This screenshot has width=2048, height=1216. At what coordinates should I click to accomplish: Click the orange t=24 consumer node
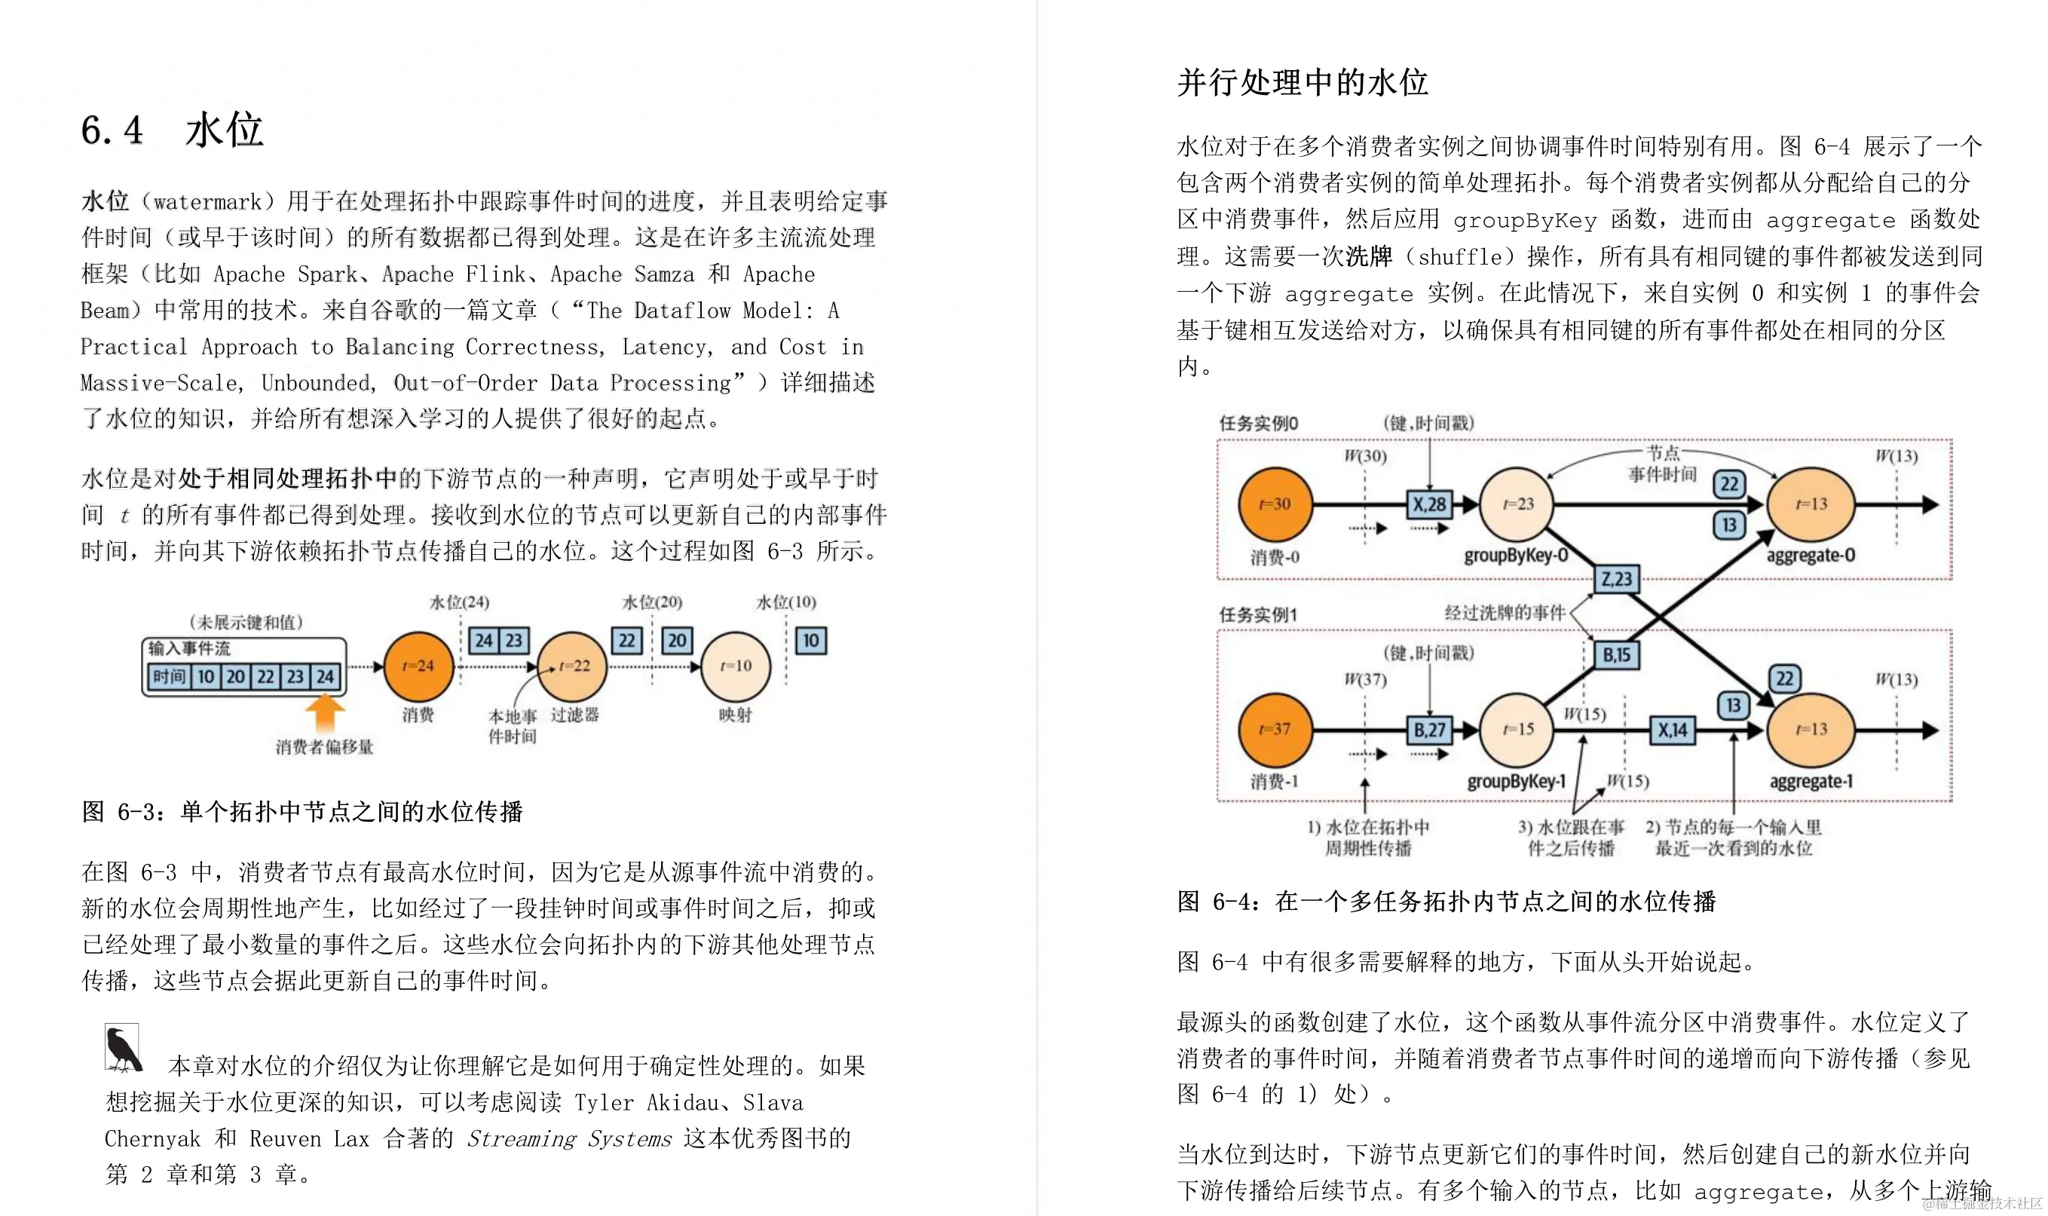click(x=418, y=666)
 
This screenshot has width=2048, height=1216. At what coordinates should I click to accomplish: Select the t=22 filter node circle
click(x=573, y=666)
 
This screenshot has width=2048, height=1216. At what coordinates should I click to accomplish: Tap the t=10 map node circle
click(x=735, y=666)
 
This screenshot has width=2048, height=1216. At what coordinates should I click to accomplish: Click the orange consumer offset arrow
click(x=325, y=711)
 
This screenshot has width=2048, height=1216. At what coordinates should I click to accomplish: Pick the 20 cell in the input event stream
click(x=236, y=677)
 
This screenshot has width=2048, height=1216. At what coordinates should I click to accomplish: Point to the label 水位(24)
click(x=459, y=602)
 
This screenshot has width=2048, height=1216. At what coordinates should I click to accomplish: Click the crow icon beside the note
click(x=123, y=1048)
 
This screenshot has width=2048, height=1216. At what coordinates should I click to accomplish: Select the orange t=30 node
click(x=1275, y=504)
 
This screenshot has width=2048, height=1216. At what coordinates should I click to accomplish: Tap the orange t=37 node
click(x=1275, y=729)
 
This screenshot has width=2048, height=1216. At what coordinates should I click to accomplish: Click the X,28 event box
click(x=1428, y=504)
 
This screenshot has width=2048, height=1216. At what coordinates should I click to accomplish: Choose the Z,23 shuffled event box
click(x=1616, y=579)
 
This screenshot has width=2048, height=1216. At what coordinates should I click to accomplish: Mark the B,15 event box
click(x=1616, y=654)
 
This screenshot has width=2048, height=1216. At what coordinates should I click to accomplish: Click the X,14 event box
click(x=1672, y=729)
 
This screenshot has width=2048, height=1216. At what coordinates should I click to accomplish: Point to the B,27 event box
click(x=1428, y=729)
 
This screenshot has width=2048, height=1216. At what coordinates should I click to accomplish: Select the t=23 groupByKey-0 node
click(x=1517, y=504)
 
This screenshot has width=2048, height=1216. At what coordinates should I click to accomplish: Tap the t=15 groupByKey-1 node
click(x=1517, y=729)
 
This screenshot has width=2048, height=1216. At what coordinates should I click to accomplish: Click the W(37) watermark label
click(x=1365, y=679)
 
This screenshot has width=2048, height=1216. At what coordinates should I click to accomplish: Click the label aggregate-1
click(x=1811, y=782)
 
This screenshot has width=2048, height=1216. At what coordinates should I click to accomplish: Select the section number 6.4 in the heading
click(x=112, y=130)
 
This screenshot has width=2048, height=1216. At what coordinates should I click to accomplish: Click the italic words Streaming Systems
click(x=568, y=1138)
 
